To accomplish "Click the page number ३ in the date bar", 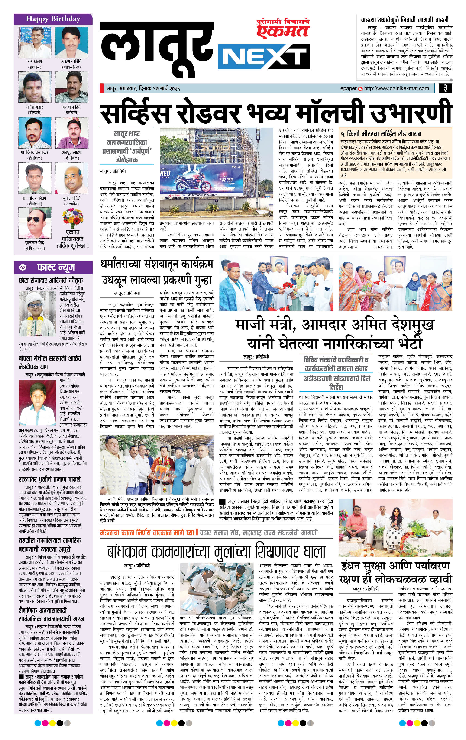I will pyautogui.click(x=445, y=88).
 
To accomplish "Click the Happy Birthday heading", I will pyautogui.click(x=53, y=19).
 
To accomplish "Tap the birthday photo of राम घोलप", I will pyautogui.click(x=35, y=42).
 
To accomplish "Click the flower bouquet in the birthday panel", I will pyautogui.click(x=73, y=218).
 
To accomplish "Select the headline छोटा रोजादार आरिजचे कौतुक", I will pyautogui.click(x=50, y=280).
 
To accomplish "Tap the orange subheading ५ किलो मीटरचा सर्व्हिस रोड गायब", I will pyautogui.click(x=381, y=134).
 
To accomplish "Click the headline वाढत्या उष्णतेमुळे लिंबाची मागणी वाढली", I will pyautogui.click(x=405, y=20).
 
